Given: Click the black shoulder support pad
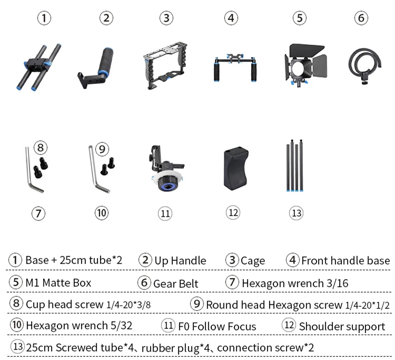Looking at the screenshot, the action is coord(236,168).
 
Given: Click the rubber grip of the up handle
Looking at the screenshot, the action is coord(106,60).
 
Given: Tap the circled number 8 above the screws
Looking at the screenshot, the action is coord(41,148).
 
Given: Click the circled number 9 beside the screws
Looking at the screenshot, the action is coord(102,149).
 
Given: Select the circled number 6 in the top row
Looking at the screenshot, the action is coord(361,18).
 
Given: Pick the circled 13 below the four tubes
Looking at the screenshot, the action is coord(296,213).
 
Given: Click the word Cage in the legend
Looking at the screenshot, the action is coord(253,261).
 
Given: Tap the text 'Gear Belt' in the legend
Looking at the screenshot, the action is coord(175,284).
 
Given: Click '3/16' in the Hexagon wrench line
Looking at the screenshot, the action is coord(337,284).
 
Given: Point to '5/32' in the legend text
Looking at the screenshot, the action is coord(122,326).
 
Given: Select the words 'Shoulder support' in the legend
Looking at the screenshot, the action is coord(342,327).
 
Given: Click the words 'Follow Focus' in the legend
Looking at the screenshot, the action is coord(224,326).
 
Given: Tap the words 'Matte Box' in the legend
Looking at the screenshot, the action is coord(66,283).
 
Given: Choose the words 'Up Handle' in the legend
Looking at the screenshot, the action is coord(180,261).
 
